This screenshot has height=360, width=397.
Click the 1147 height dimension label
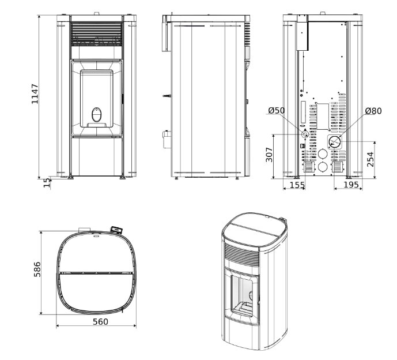[x=35, y=93]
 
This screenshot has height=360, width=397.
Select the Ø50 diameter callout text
[x=277, y=110]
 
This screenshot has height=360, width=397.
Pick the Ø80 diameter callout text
[x=373, y=111]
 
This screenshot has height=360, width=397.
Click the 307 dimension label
[x=269, y=155]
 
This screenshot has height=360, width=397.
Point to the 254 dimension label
[x=370, y=159]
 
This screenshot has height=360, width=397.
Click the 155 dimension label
[x=297, y=185]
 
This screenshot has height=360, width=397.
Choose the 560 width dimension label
[x=100, y=322]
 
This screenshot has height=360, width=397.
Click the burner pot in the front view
[x=96, y=115]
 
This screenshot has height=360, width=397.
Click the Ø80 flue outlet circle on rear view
[x=334, y=142]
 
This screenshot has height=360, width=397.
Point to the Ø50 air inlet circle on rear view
[x=304, y=134]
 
